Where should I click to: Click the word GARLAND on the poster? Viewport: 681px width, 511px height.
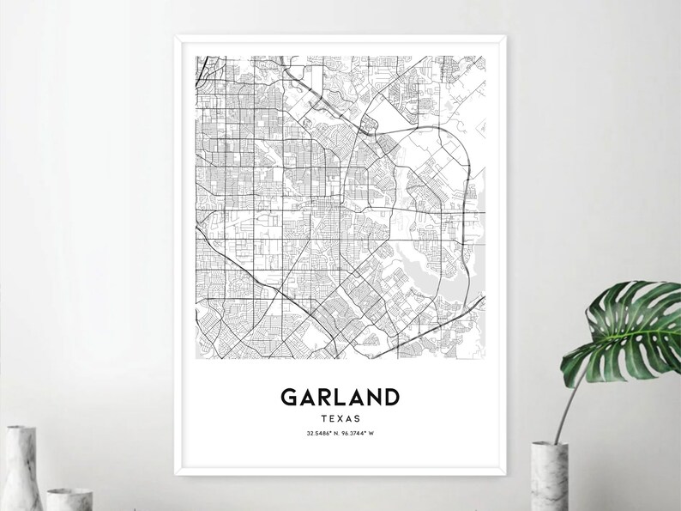coord(340,398)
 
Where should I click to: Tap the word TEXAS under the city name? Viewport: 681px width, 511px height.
coord(340,418)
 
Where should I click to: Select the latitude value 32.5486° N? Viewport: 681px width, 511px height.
coord(322,432)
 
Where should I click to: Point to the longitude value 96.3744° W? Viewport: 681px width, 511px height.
coord(360,432)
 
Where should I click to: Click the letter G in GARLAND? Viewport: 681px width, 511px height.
coord(289,398)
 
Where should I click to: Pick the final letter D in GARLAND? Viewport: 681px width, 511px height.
coord(390,398)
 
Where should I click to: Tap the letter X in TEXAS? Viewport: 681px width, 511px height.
coord(340,418)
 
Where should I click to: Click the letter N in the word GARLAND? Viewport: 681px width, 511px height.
coord(372,398)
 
